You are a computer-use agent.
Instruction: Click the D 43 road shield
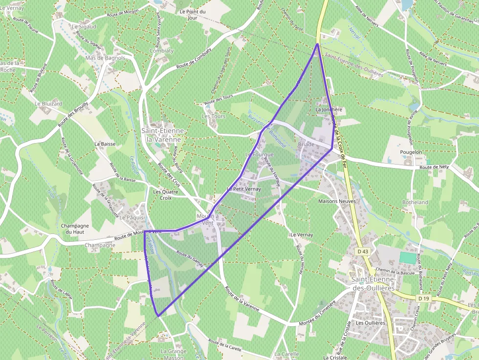(x=362, y=251)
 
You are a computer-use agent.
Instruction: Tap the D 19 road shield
(x=424, y=298)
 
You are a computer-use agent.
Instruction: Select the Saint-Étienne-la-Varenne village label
(x=163, y=135)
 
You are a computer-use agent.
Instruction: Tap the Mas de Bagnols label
(x=105, y=58)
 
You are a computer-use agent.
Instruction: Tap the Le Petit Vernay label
(x=244, y=189)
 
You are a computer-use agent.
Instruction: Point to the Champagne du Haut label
(x=75, y=229)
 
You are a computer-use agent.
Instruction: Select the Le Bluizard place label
(x=48, y=104)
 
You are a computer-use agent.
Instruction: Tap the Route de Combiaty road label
(x=194, y=58)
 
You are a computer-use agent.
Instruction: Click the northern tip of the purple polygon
(x=318, y=44)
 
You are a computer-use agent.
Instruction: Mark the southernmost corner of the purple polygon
(x=158, y=316)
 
